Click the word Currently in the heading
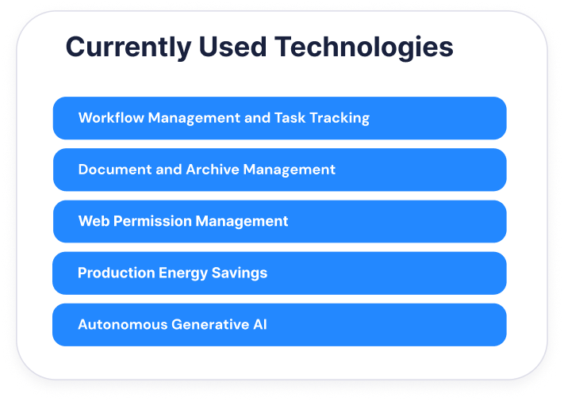coord(129,48)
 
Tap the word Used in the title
coord(232,47)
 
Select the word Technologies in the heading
coord(363,48)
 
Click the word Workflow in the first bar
coord(111,118)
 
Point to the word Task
coord(290,118)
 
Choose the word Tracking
coord(340,119)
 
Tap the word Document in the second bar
coord(115,170)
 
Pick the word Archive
coord(213,170)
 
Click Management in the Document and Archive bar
coord(290,170)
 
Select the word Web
coord(94,221)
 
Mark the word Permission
coord(152,221)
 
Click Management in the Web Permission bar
coord(242,222)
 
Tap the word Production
coord(116,273)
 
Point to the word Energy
coord(183,273)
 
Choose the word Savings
coord(240,273)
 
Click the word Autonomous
coord(123,325)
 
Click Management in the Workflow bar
coord(194,119)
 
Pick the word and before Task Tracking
coord(257,118)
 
